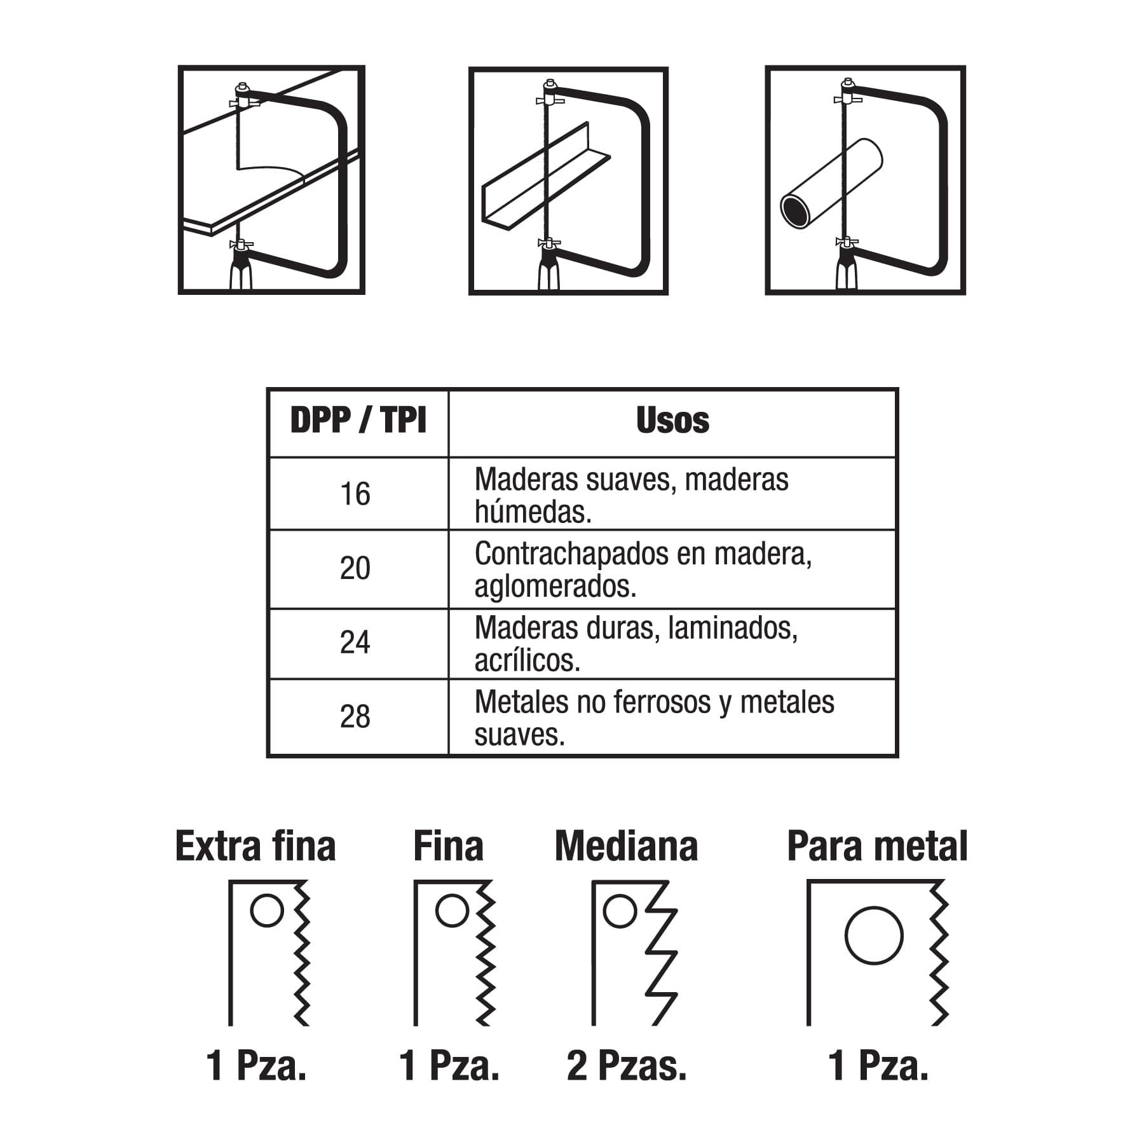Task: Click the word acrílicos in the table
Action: (528, 661)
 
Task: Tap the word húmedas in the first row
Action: (533, 512)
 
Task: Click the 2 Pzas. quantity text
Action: (627, 1065)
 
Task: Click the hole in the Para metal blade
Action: (874, 936)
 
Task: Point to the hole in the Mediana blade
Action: (619, 911)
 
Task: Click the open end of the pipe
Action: (795, 211)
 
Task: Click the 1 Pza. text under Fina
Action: (449, 1065)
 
